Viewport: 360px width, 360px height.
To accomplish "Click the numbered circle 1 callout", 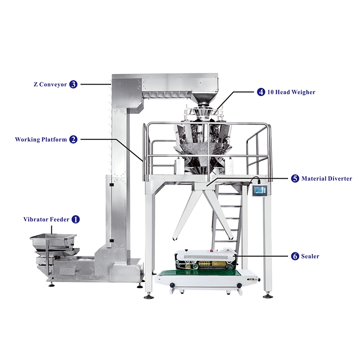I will click(76, 220).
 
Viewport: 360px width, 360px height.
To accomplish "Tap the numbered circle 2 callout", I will click(73, 139).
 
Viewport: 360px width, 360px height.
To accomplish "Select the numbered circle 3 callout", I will click(73, 84).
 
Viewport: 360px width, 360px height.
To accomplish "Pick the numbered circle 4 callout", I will click(261, 92).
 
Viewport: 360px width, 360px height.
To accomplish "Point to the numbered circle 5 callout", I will click(295, 179).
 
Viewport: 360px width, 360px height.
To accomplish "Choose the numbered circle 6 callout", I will click(295, 256).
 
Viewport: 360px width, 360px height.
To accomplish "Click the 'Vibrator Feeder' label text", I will click(46, 220).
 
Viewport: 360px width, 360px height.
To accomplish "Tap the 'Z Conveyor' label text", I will click(50, 84).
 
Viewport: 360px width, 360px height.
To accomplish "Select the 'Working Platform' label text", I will click(41, 139).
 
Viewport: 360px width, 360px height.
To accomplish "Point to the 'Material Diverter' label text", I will click(327, 179).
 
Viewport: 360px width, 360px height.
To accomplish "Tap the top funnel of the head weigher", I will click(204, 99).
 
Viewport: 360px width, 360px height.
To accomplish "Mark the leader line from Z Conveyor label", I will click(95, 84).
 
